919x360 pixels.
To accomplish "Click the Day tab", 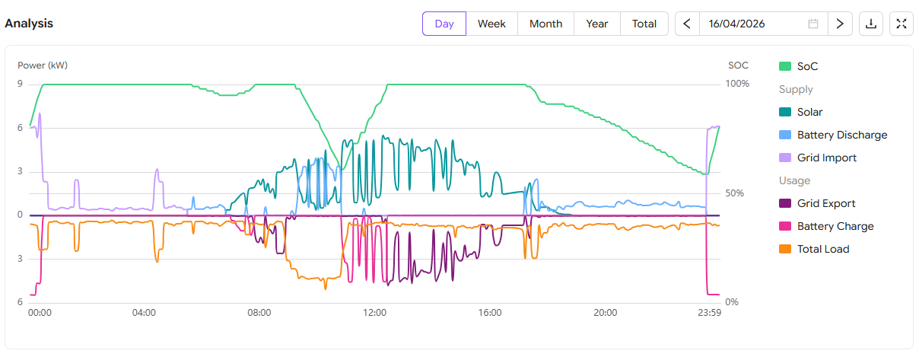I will (444, 24).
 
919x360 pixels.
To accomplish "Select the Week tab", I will (491, 24).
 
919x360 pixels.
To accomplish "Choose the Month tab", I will (545, 24).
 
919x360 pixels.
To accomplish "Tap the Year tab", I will (597, 24).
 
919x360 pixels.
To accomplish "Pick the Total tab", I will (644, 24).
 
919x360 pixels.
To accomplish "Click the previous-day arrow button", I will (687, 24).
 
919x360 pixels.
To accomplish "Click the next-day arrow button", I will (840, 24).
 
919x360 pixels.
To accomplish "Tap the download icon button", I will (871, 24).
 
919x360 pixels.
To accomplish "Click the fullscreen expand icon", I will (902, 24).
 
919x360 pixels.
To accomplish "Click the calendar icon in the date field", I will (813, 24).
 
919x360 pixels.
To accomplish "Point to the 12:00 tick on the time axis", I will (375, 312).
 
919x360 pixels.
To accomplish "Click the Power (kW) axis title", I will (43, 65).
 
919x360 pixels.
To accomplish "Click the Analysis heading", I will (29, 24).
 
